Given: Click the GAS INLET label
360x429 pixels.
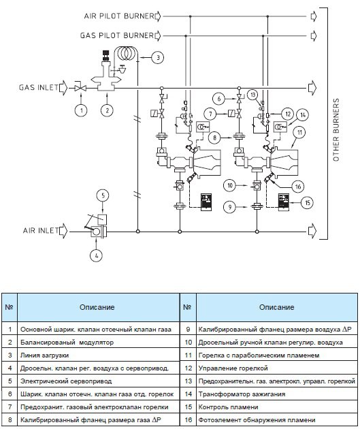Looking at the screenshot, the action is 39,88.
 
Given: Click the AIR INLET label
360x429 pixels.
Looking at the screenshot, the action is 40,230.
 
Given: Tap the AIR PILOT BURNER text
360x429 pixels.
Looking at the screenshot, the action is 119,16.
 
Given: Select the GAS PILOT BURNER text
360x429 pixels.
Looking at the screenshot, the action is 117,35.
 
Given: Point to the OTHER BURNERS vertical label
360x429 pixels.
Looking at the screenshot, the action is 336,129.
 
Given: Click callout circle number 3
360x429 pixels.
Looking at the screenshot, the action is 158,57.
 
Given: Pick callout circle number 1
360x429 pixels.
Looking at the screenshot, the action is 81,110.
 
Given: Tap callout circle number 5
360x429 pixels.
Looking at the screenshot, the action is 103,195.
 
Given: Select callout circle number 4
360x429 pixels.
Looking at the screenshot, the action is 96,255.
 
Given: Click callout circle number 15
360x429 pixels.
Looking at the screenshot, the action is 308,203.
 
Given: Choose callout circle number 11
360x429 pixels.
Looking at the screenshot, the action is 299,133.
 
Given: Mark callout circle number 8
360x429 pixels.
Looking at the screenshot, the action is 214,138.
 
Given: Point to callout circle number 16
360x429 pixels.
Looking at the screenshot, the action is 298,187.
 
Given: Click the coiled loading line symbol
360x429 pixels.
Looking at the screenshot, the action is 126,54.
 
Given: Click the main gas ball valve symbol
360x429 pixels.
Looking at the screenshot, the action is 80,88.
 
